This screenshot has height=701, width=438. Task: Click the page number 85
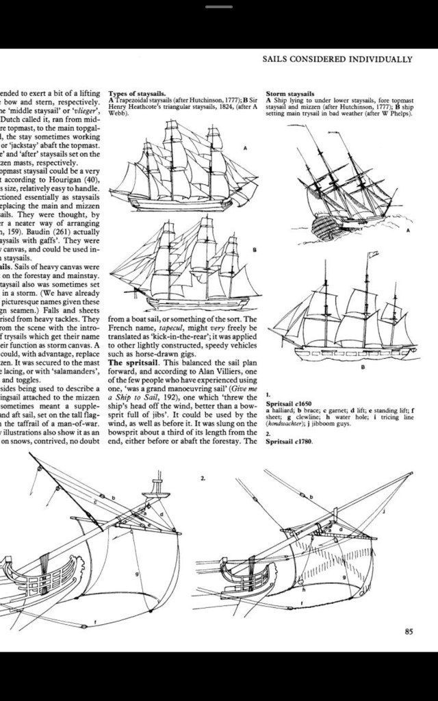(409, 632)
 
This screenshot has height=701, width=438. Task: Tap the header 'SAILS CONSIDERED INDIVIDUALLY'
(338, 60)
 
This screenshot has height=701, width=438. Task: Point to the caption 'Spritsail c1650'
(289, 405)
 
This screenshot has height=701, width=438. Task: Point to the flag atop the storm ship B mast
(374, 255)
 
